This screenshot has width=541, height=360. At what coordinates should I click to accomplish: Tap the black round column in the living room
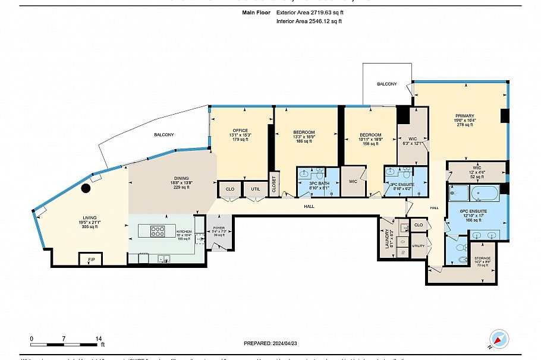click(86, 188)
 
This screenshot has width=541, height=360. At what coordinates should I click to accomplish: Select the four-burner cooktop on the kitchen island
click(158, 231)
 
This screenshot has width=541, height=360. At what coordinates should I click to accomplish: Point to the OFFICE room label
click(240, 131)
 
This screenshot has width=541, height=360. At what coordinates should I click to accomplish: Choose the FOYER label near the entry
click(219, 228)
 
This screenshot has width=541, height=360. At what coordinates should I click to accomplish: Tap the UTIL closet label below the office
click(256, 190)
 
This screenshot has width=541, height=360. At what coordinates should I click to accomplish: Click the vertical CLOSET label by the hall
click(274, 185)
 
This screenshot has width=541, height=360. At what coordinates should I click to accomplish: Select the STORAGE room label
click(482, 258)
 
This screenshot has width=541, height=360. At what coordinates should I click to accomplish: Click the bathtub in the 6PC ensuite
click(486, 192)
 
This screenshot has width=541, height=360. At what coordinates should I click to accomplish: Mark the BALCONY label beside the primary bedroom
click(386, 84)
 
